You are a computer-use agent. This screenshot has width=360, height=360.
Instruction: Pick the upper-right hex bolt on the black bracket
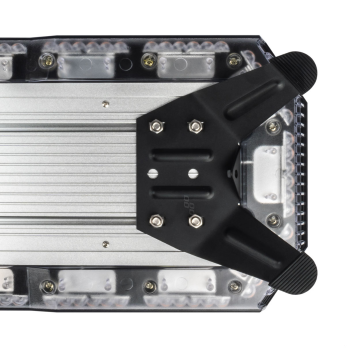click(x=195, y=125)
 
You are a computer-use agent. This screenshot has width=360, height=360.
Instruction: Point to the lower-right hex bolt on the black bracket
click(x=195, y=220)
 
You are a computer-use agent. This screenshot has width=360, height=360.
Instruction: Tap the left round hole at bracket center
click(x=153, y=173)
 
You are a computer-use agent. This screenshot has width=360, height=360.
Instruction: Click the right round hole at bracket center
click(x=185, y=173)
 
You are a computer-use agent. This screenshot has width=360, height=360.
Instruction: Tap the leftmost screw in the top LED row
click(x=45, y=62)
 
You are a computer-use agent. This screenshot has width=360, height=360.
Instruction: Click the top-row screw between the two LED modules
click(x=148, y=61)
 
